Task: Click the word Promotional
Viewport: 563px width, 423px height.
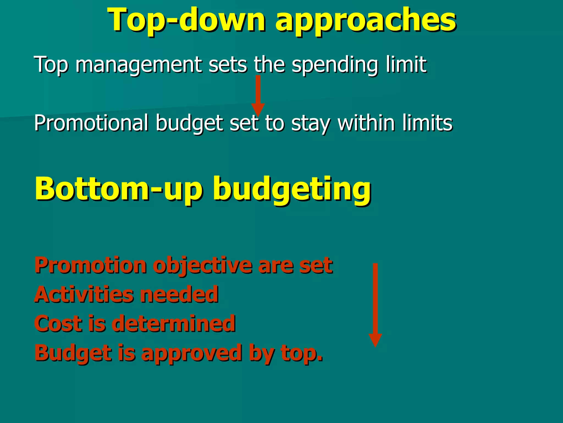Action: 91,123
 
